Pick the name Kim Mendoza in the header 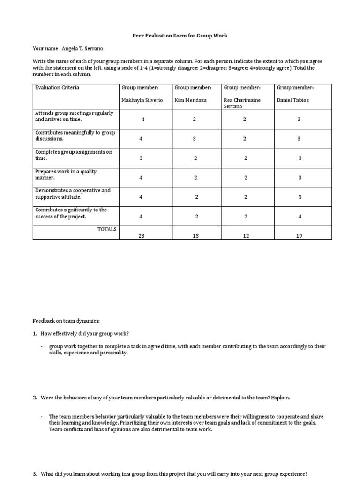(191, 100)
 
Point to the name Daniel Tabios (293, 100)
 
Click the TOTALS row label (107, 229)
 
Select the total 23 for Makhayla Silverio (142, 236)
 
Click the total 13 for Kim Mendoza (196, 236)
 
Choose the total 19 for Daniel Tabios (300, 236)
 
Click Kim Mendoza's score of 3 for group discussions (195, 139)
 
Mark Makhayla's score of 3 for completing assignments (141, 158)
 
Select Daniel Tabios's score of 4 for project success (300, 216)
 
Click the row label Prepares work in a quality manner (66, 174)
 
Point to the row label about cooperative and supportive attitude (73, 194)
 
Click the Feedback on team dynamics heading (66, 321)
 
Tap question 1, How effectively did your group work (84, 333)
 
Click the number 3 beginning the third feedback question (35, 474)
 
